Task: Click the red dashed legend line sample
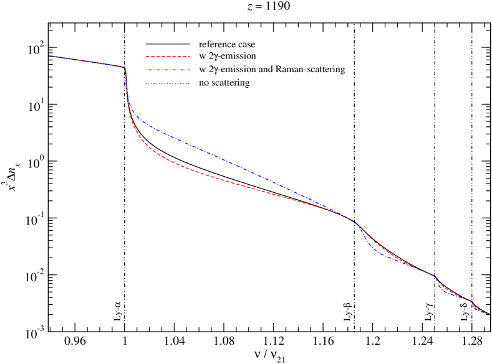(168, 57)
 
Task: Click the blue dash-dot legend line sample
(168, 70)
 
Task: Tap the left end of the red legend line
(146, 57)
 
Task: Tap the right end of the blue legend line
(190, 70)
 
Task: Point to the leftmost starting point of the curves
(49, 56)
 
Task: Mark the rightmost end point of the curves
(488, 314)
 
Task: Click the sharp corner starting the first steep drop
(125, 67)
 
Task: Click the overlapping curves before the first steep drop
(87, 61)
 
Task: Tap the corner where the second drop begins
(357, 223)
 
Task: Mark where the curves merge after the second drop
(415, 266)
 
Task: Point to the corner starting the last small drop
(472, 301)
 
